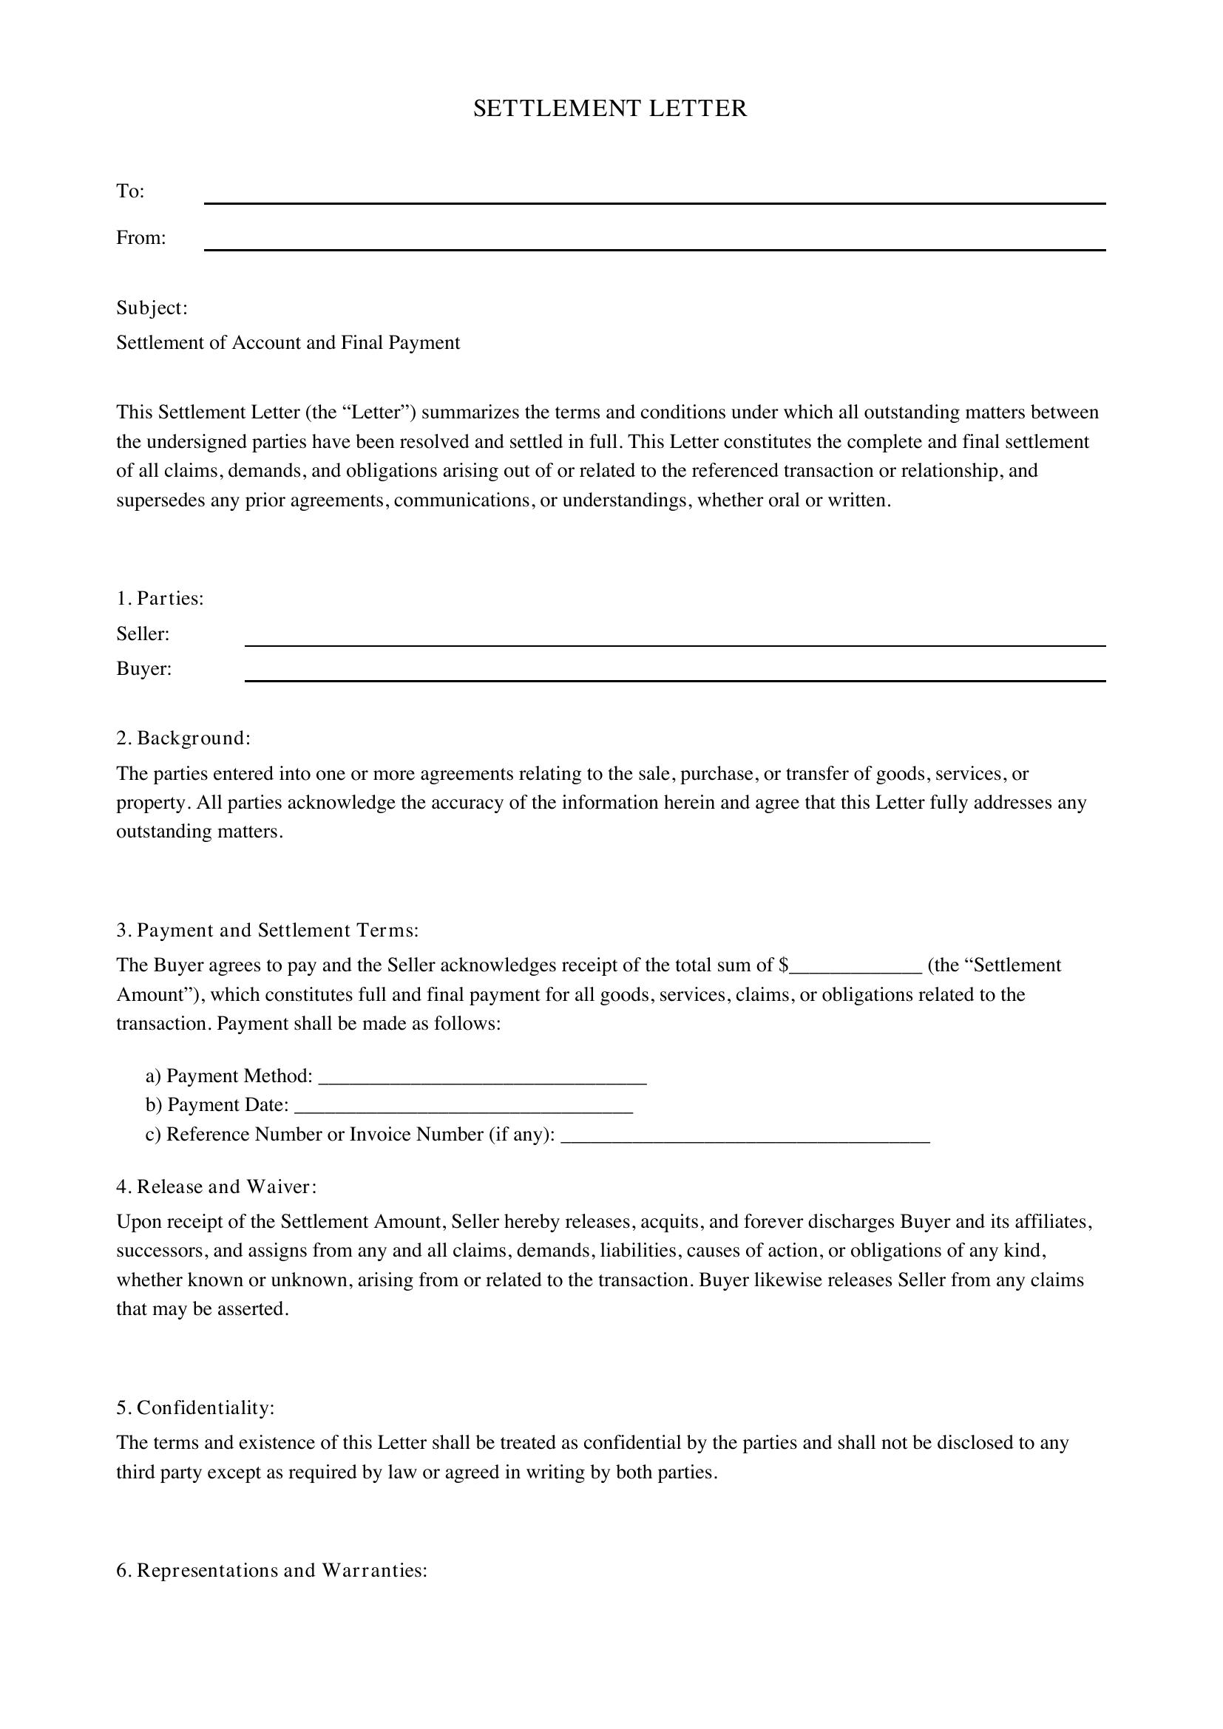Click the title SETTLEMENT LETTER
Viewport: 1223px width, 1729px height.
pyautogui.click(x=610, y=109)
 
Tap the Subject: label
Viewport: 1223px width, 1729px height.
pyautogui.click(x=152, y=308)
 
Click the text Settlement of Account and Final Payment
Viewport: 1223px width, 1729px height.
pyautogui.click(x=288, y=343)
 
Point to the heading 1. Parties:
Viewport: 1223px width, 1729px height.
pyautogui.click(x=160, y=599)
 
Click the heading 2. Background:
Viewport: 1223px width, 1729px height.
pyautogui.click(x=183, y=738)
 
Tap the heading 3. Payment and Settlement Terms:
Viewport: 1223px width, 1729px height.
pyautogui.click(x=268, y=930)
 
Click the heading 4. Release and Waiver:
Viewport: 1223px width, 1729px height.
pyautogui.click(x=216, y=1187)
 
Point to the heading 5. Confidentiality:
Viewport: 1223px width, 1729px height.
pyautogui.click(x=195, y=1407)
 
